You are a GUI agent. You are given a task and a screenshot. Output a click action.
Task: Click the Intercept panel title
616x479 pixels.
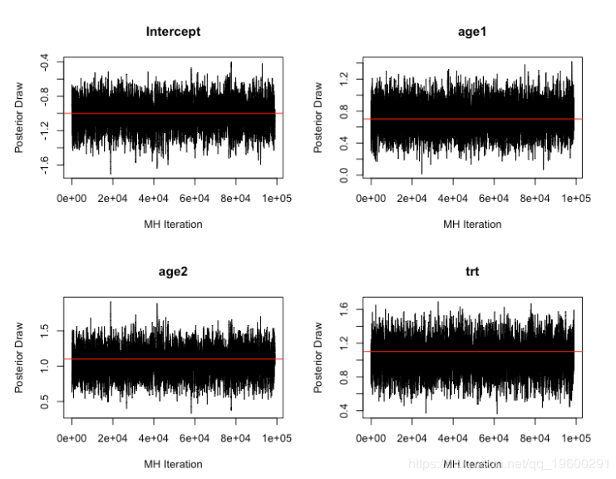(x=173, y=32)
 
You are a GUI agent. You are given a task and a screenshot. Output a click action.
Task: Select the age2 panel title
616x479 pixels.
(x=173, y=271)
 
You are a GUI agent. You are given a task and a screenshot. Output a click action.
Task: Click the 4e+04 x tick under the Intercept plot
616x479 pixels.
(x=154, y=198)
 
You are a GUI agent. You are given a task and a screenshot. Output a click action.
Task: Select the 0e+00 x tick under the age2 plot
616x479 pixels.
(x=72, y=437)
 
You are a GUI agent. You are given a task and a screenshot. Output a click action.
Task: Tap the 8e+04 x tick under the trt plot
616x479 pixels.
(x=535, y=437)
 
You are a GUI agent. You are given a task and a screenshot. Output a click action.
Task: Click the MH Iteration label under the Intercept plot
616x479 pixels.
(x=173, y=224)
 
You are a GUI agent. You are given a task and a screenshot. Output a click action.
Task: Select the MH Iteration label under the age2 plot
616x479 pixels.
(x=173, y=463)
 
